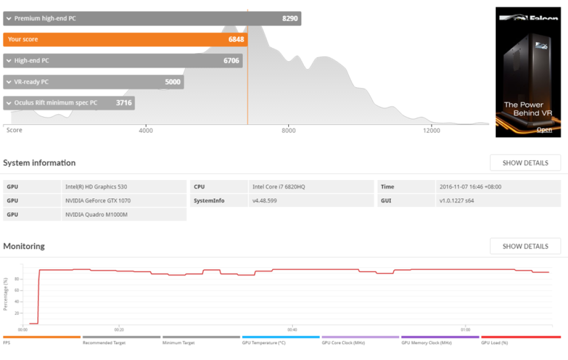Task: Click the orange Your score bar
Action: [x=125, y=39]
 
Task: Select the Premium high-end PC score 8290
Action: [x=290, y=18]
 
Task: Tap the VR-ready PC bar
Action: [x=94, y=82]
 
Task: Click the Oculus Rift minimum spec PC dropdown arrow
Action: [x=9, y=103]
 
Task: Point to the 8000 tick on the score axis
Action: [x=289, y=130]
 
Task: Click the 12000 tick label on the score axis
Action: [x=431, y=130]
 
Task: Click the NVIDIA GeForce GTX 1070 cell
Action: [x=124, y=201]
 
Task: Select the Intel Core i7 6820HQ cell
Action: [x=311, y=187]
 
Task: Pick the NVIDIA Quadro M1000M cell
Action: [x=124, y=214]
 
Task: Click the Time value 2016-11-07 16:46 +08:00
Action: [x=498, y=187]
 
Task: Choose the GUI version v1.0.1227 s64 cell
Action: [x=498, y=201]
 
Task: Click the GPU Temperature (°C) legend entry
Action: [x=281, y=341]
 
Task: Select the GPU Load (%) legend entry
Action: [x=521, y=341]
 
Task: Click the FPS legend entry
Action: [x=42, y=341]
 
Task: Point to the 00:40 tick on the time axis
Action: [x=292, y=329]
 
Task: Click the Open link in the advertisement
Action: [x=544, y=130]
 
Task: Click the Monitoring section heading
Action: [x=24, y=246]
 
